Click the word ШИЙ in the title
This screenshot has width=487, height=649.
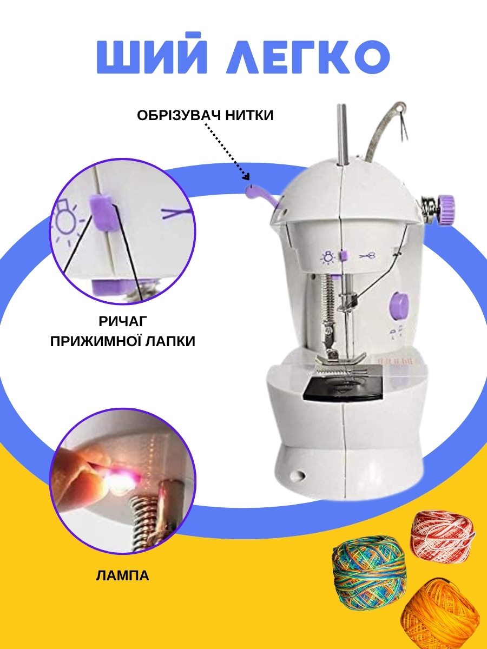[152, 53]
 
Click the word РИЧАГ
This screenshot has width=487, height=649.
[123, 321]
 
